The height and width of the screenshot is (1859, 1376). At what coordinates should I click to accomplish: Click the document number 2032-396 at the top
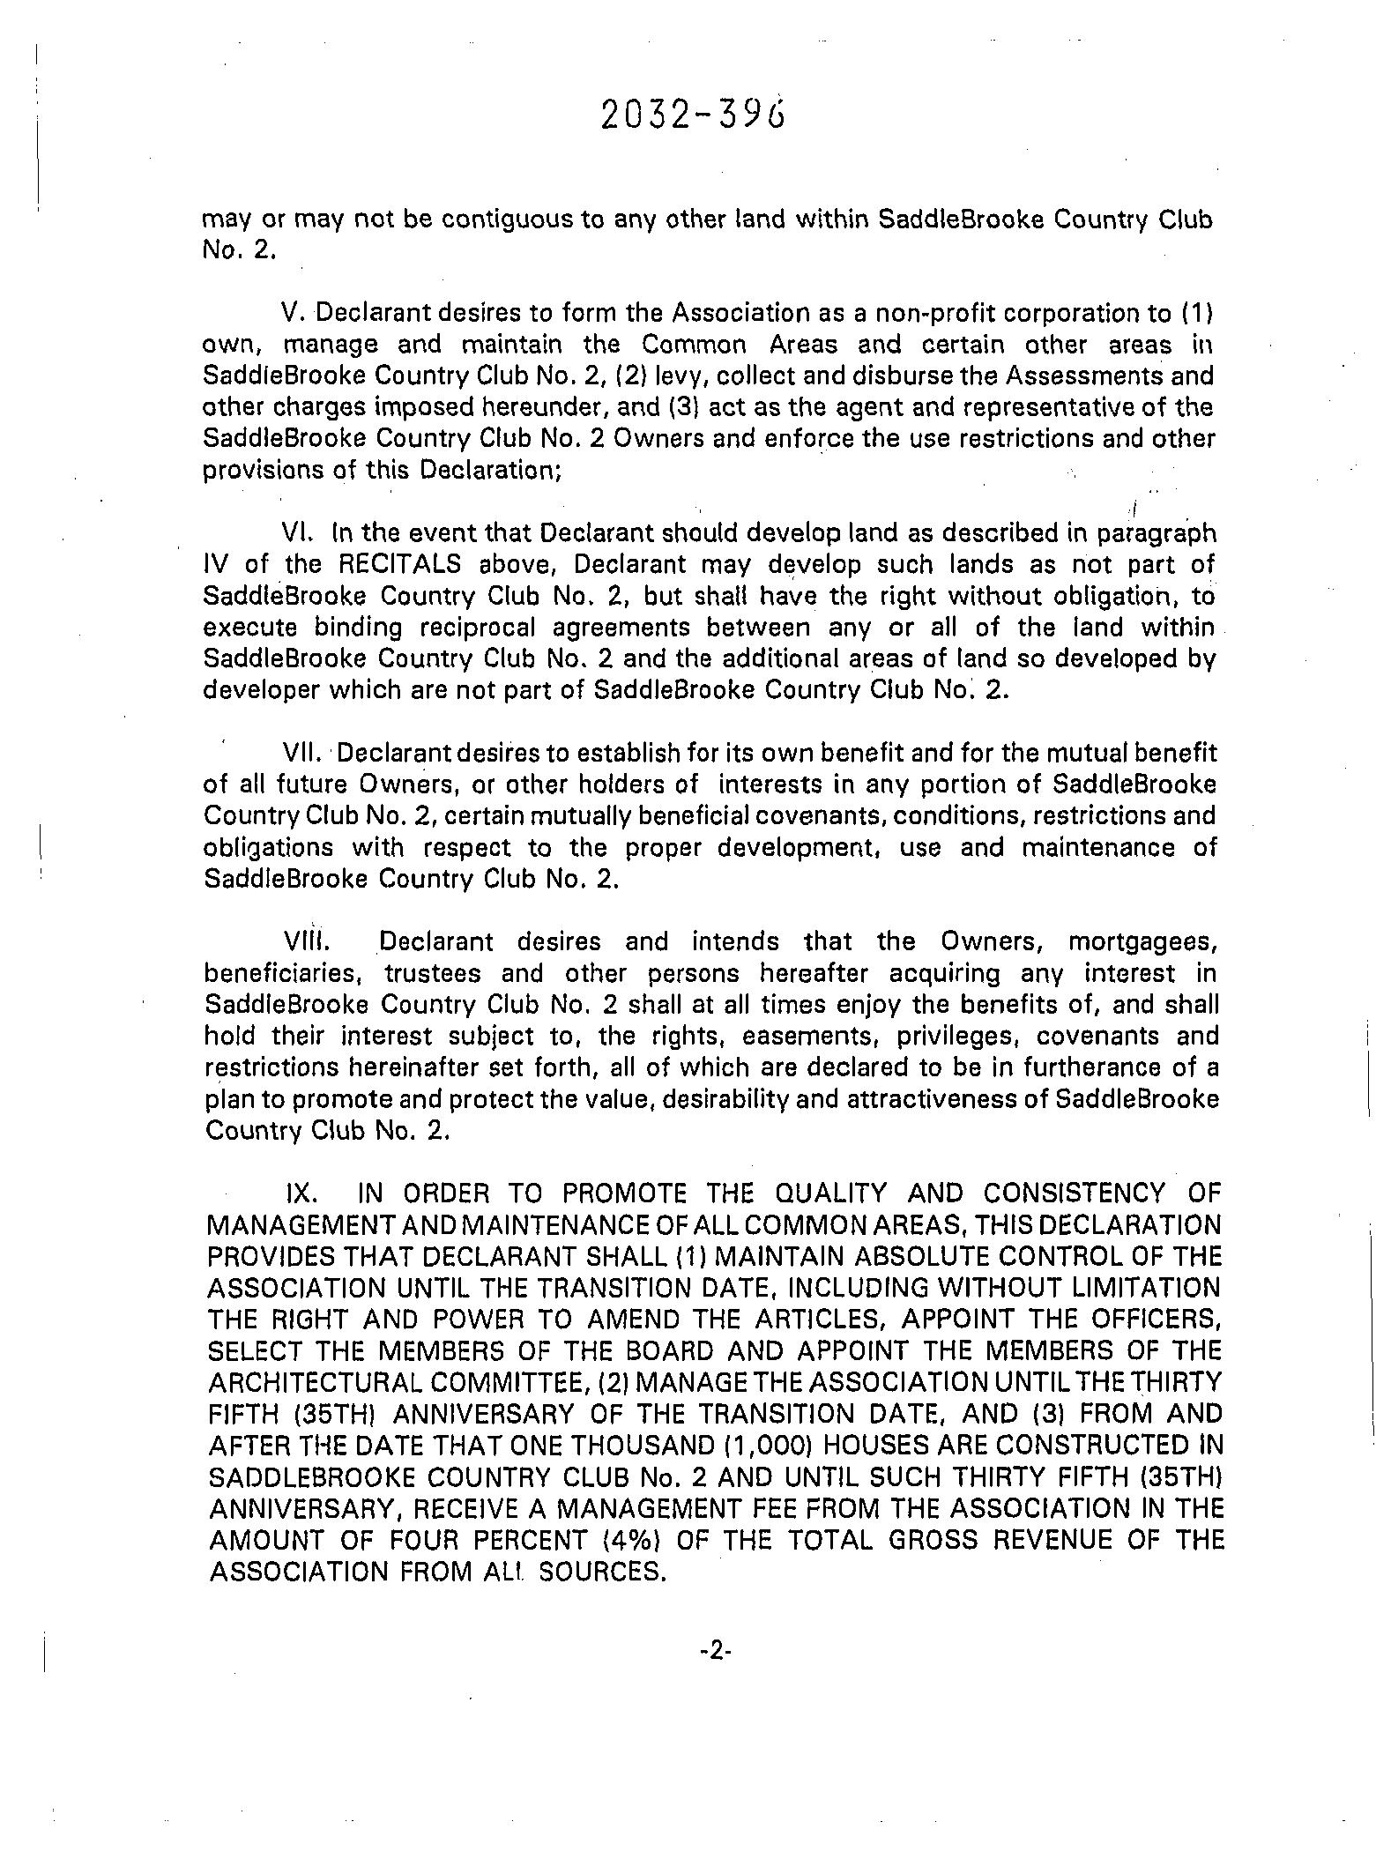click(x=692, y=115)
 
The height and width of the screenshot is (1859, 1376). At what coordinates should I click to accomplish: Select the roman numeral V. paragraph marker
click(x=294, y=313)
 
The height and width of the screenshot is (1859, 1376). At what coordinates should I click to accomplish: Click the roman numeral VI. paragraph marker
click(x=298, y=533)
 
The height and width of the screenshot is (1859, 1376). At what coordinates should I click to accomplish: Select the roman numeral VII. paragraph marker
click(x=302, y=753)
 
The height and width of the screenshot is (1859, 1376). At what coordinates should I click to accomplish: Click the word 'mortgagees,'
click(x=1143, y=941)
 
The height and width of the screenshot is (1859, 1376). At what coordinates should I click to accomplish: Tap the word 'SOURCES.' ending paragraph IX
click(x=602, y=1572)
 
